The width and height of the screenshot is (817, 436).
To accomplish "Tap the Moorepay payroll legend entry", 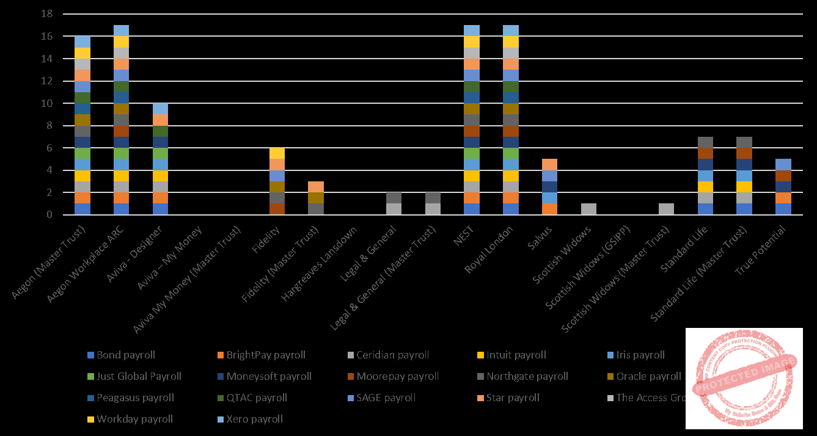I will tap(388, 376).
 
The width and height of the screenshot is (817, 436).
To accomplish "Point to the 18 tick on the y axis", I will tap(48, 14).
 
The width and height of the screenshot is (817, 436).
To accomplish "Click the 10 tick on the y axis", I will tap(48, 103).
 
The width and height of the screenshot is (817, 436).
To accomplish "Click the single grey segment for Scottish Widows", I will tap(588, 209).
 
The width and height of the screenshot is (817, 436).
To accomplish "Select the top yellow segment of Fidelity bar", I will tap(277, 153).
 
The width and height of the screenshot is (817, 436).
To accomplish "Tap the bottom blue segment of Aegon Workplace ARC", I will tap(121, 209).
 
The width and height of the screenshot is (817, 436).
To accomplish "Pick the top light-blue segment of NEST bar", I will tap(471, 31).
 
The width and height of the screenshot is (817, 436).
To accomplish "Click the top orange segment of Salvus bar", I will tap(549, 164).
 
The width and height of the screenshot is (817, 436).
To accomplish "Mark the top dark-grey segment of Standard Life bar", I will tap(706, 142).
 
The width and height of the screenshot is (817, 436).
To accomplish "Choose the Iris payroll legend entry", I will tap(634, 355).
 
